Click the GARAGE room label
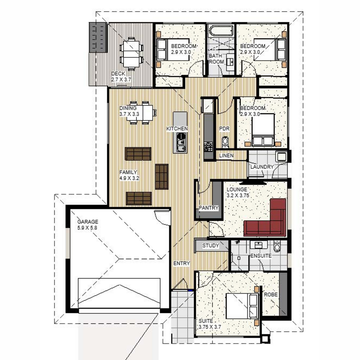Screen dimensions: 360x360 pyautogui.click(x=88, y=222)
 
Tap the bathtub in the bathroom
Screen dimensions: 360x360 pyautogui.click(x=221, y=31)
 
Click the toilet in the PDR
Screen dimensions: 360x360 pyautogui.click(x=225, y=142)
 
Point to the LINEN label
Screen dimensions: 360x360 pyautogui.click(x=226, y=155)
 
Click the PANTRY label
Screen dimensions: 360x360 pyautogui.click(x=208, y=208)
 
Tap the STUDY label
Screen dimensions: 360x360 pyautogui.click(x=211, y=245)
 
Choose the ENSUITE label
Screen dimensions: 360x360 pyautogui.click(x=261, y=256)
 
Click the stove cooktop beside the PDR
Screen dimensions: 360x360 pyautogui.click(x=208, y=146)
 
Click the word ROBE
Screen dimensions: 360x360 pyautogui.click(x=271, y=295)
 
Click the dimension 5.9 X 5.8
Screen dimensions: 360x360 pyautogui.click(x=87, y=228)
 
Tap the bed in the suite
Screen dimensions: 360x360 pyautogui.click(x=242, y=306)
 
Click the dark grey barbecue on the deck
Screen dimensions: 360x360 pyautogui.click(x=98, y=37)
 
